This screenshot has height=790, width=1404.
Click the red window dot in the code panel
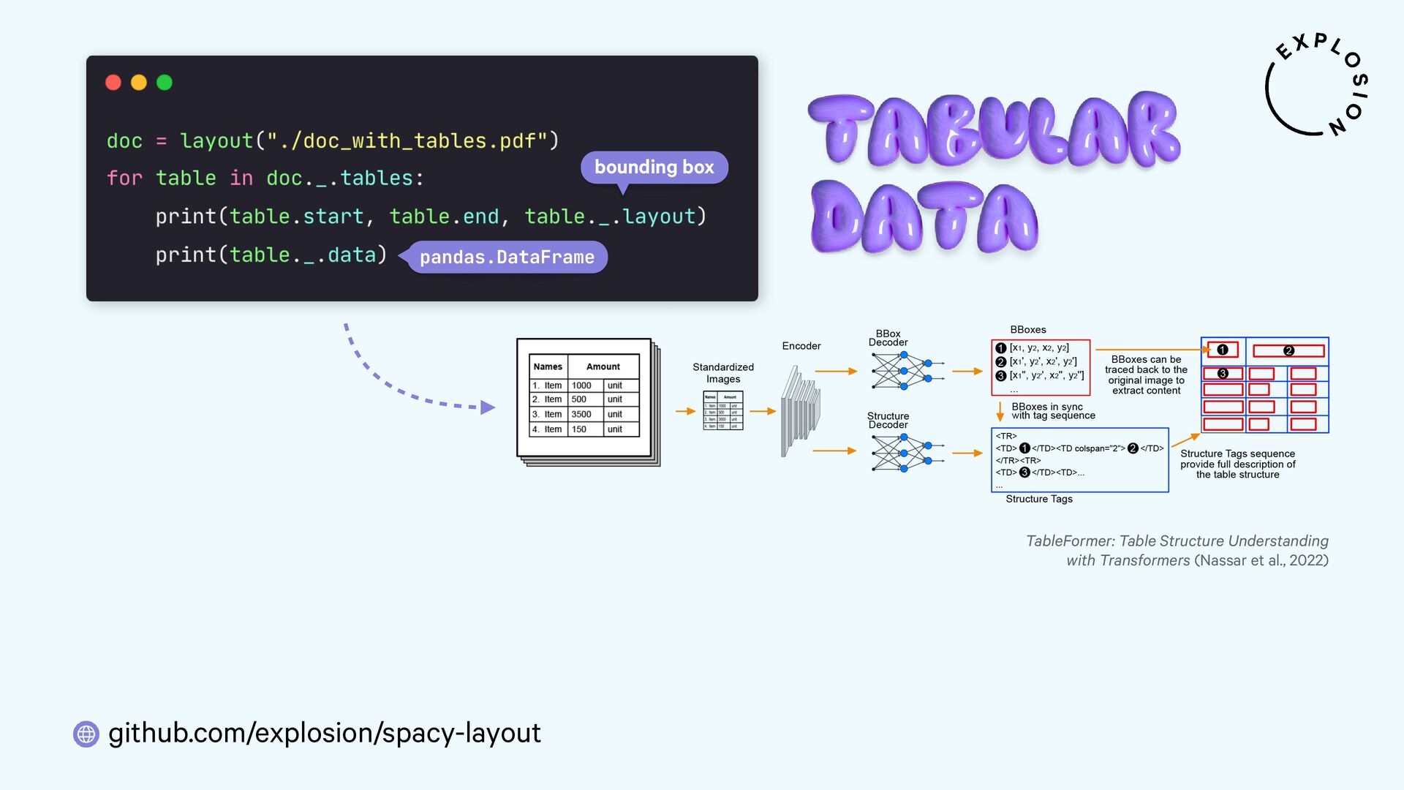click(x=113, y=83)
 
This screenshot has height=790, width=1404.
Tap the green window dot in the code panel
click(x=165, y=83)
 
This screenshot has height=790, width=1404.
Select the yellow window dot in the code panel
click(x=139, y=83)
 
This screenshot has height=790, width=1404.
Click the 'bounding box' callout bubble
click(x=654, y=168)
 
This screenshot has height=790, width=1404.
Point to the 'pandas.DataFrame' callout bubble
click(x=507, y=257)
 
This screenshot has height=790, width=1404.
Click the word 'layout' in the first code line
click(x=216, y=140)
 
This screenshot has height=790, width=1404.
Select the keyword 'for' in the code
click(x=124, y=178)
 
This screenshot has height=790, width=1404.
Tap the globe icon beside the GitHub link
click(x=86, y=734)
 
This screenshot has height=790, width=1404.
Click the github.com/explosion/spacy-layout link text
click(x=325, y=733)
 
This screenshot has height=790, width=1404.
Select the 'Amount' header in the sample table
click(x=603, y=366)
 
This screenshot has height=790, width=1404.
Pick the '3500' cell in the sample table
click(x=581, y=414)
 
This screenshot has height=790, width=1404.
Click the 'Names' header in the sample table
click(x=548, y=366)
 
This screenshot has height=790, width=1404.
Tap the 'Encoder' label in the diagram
click(x=801, y=346)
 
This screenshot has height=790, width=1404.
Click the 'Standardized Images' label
click(x=723, y=373)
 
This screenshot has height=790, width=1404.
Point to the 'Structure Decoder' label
click(x=888, y=420)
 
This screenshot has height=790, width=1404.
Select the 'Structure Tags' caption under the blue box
click(x=1038, y=499)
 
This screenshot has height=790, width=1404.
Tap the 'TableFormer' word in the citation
click(x=1070, y=541)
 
